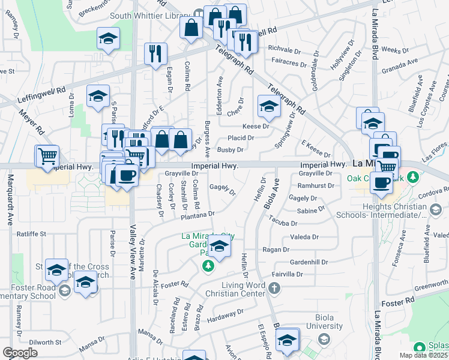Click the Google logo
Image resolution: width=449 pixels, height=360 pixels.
point(20,353)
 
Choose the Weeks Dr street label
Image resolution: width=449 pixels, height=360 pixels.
point(394,50)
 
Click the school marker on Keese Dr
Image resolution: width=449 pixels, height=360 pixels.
point(268,106)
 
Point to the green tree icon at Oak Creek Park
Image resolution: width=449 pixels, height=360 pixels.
point(412,178)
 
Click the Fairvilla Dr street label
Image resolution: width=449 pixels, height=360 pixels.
point(287,274)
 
